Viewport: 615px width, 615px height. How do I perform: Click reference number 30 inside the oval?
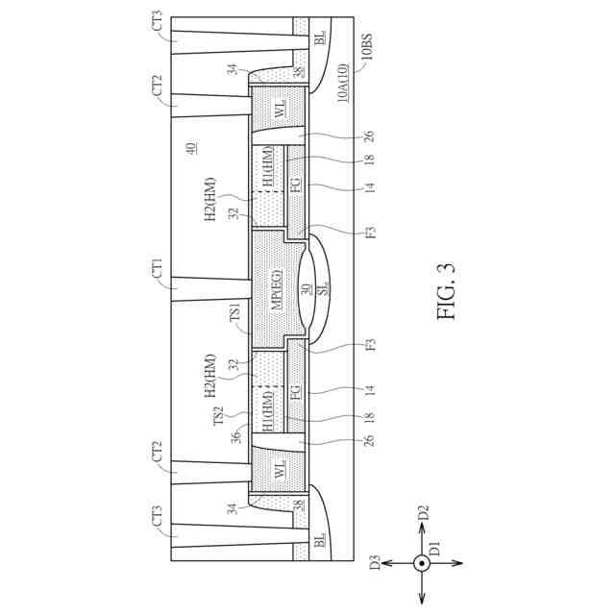(x=305, y=291)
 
